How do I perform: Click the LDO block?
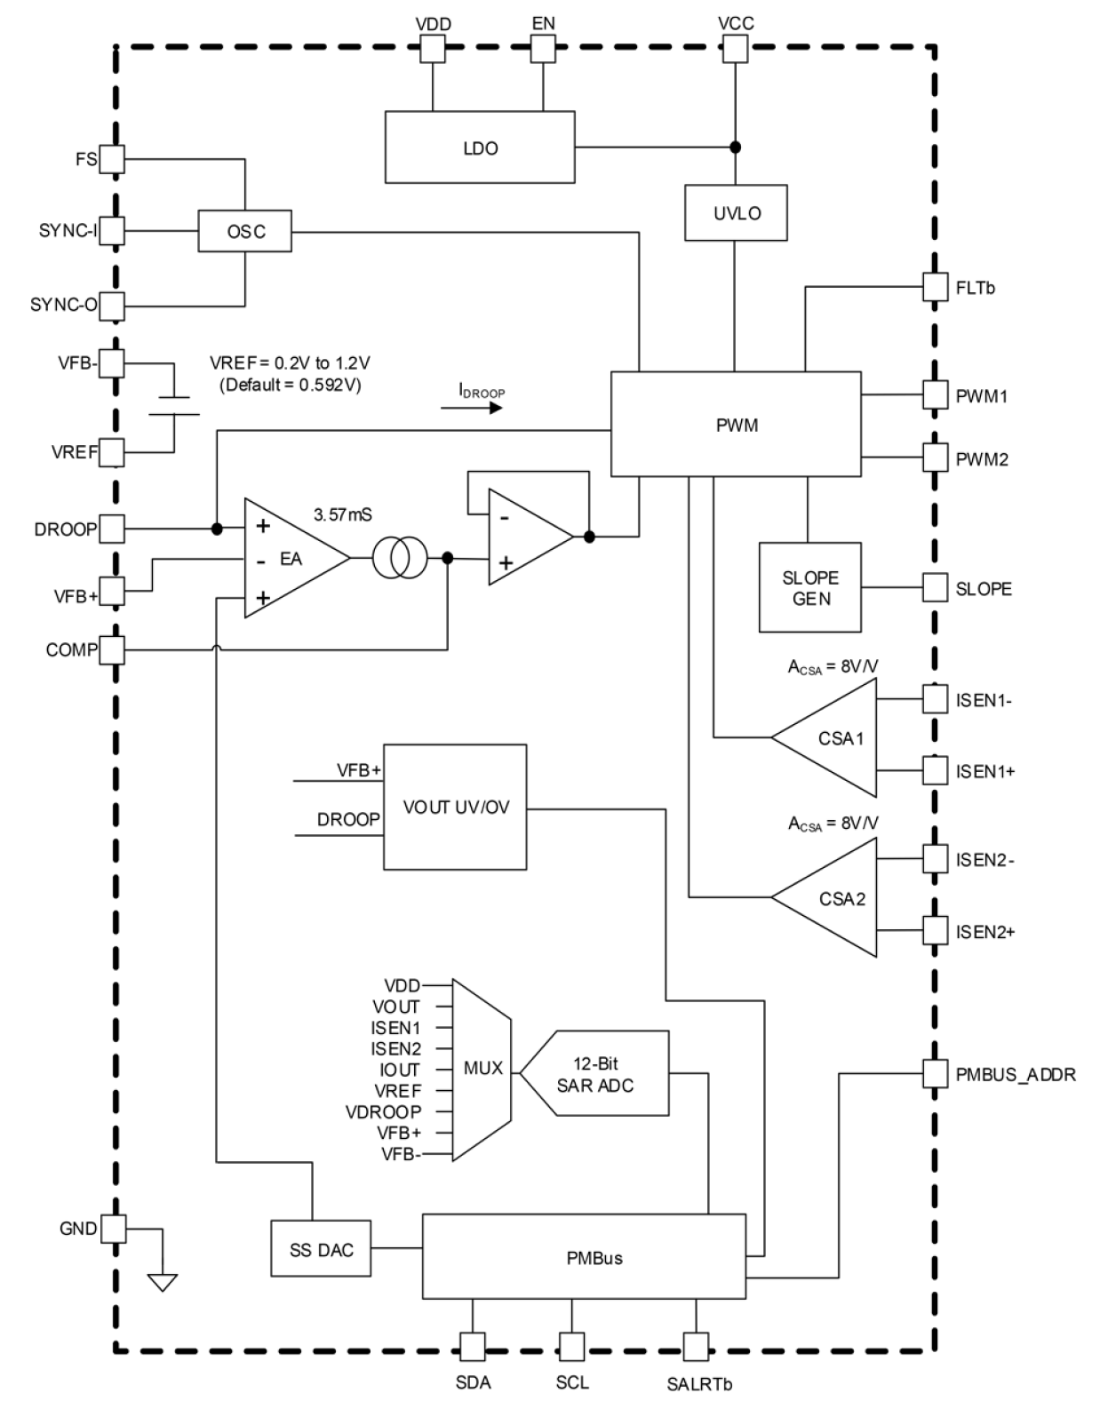click(x=480, y=147)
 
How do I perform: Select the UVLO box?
click(x=736, y=213)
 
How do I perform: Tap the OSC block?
click(x=245, y=232)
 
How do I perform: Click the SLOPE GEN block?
click(x=809, y=587)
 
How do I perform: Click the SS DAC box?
click(x=321, y=1249)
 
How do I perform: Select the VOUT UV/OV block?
click(x=455, y=807)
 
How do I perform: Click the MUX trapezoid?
click(x=481, y=1069)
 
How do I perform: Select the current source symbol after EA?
click(x=400, y=559)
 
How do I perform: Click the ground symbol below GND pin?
click(x=163, y=1281)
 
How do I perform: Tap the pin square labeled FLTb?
click(x=935, y=287)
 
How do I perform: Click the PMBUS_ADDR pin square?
click(x=935, y=1073)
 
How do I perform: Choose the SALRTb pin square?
click(x=695, y=1344)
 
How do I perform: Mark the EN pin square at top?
click(x=543, y=49)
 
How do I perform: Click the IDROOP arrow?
click(x=471, y=408)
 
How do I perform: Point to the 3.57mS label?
click(x=342, y=514)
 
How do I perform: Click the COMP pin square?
click(x=111, y=650)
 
